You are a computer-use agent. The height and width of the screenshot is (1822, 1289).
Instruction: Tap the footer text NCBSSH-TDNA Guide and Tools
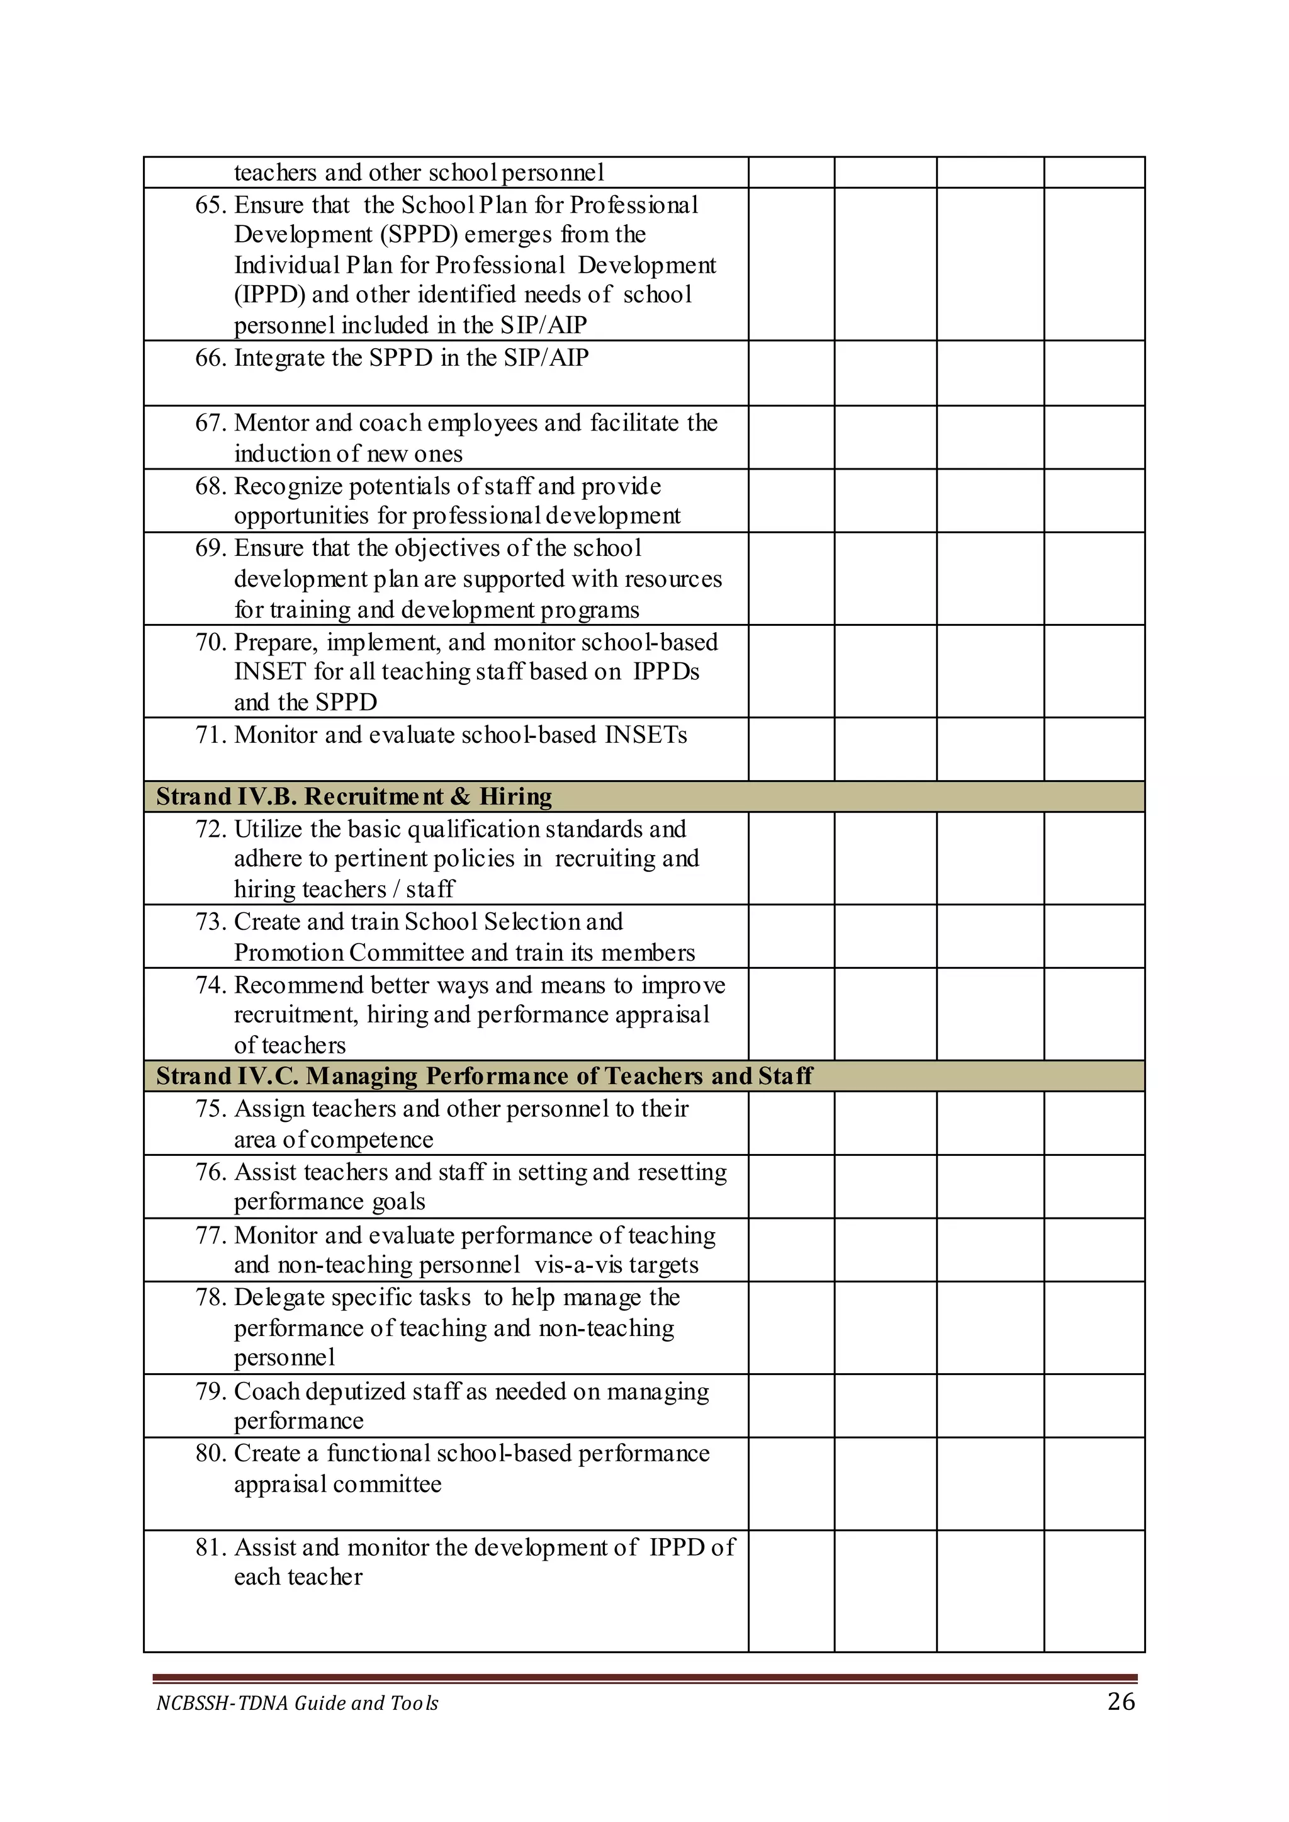coord(297,1703)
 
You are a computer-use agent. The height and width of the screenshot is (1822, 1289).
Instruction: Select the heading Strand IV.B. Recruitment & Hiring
coord(354,796)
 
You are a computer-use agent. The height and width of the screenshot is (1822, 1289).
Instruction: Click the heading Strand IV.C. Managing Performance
coord(484,1076)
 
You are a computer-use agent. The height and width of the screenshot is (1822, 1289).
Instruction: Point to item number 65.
coord(210,205)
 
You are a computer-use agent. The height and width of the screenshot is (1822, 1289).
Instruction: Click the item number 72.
coord(210,829)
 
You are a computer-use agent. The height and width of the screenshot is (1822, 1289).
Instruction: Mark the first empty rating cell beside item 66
coord(791,373)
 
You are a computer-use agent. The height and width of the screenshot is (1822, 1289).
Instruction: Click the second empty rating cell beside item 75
coord(885,1123)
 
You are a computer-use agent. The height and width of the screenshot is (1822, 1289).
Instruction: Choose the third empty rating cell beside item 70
coord(990,671)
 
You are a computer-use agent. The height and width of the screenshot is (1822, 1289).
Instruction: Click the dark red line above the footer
coord(644,1678)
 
